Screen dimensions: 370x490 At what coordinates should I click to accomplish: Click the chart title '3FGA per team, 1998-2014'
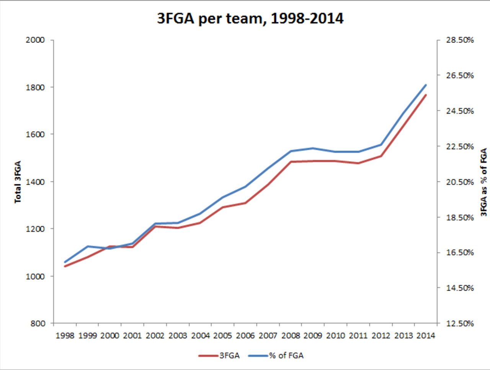(250, 18)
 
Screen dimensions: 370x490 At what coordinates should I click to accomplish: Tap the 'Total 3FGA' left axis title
(18, 182)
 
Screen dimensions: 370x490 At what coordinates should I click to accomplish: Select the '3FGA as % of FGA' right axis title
(484, 182)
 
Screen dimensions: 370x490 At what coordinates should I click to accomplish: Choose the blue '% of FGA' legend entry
(276, 355)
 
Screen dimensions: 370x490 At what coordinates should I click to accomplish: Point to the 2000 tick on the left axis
(35, 40)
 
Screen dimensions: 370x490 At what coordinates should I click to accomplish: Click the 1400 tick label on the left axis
(35, 182)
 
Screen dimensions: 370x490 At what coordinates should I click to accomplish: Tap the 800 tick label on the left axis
(38, 323)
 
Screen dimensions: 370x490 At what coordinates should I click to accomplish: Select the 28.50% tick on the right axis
(460, 40)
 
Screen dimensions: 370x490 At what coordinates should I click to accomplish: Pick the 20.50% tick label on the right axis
(460, 182)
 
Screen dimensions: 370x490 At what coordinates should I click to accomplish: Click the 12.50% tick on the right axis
(460, 323)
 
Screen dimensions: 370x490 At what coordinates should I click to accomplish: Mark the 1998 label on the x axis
(65, 336)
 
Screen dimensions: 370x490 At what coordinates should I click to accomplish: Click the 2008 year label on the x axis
(291, 336)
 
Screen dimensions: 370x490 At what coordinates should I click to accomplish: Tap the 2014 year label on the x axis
(426, 336)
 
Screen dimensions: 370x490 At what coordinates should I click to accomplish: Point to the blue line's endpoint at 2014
(426, 85)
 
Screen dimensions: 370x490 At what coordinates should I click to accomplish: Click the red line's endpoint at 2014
(426, 95)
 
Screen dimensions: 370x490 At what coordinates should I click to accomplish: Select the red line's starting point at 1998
(65, 266)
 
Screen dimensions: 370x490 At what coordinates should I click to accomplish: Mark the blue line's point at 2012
(381, 145)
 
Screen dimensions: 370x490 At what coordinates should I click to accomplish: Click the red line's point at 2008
(291, 162)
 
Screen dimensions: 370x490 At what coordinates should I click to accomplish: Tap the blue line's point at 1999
(88, 246)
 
